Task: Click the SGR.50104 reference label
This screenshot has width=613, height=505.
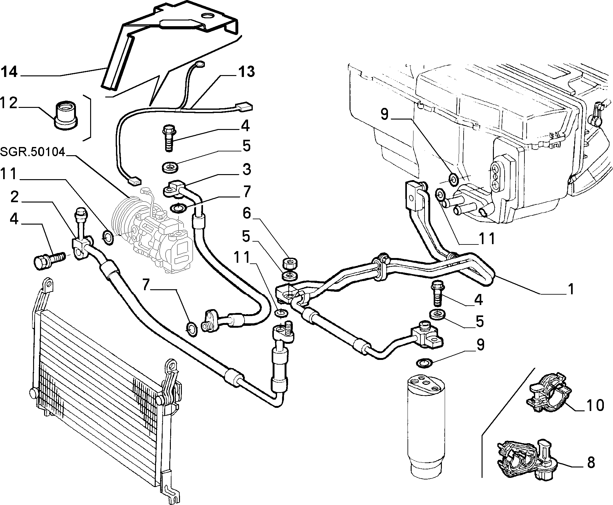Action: point(32,152)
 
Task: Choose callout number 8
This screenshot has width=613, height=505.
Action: point(591,462)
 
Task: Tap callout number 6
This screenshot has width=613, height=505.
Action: point(246,214)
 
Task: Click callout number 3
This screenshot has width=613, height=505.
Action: point(246,169)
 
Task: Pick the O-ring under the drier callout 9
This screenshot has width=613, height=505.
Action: point(424,363)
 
